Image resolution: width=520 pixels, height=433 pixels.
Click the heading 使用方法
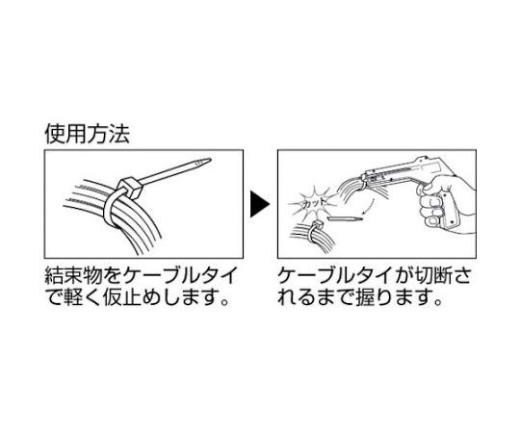(x=88, y=135)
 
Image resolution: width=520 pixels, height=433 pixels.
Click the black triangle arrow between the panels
(x=260, y=204)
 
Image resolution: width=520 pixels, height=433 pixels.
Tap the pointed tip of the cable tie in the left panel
(x=209, y=161)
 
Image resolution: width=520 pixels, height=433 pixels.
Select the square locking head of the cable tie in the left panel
(x=130, y=188)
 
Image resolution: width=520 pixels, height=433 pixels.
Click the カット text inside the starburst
(x=313, y=203)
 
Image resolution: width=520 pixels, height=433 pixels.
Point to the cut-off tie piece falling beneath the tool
(x=345, y=218)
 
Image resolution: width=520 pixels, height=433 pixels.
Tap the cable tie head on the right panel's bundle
(x=317, y=224)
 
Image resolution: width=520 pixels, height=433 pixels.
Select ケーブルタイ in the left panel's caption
(x=180, y=276)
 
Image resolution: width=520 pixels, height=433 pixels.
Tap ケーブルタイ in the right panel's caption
(x=335, y=276)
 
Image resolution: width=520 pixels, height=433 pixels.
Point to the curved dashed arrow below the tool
(x=369, y=206)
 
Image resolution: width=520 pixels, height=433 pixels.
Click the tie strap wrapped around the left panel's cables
(x=111, y=209)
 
